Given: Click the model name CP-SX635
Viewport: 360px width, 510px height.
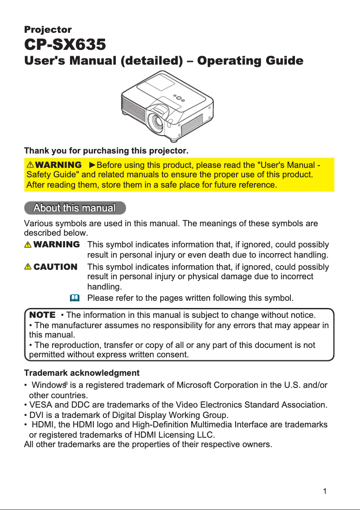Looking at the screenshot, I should [x=65, y=45].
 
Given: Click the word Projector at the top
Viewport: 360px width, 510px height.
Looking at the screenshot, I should [x=48, y=30].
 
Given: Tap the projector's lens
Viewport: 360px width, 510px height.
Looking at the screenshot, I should [x=159, y=121].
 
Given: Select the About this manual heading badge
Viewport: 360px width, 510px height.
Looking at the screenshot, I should [x=75, y=208].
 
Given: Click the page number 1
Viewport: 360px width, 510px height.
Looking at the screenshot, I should [x=325, y=491].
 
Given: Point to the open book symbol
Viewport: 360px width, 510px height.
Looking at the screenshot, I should [x=75, y=298].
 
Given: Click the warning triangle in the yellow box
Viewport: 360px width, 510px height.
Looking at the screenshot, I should [x=31, y=165].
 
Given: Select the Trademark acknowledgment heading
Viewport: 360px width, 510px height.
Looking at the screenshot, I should [x=81, y=373].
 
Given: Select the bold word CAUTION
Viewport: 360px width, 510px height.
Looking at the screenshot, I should [x=55, y=267].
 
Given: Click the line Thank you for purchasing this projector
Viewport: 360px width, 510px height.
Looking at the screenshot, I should [x=106, y=149].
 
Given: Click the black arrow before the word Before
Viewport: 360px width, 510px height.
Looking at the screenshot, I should [x=92, y=165].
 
